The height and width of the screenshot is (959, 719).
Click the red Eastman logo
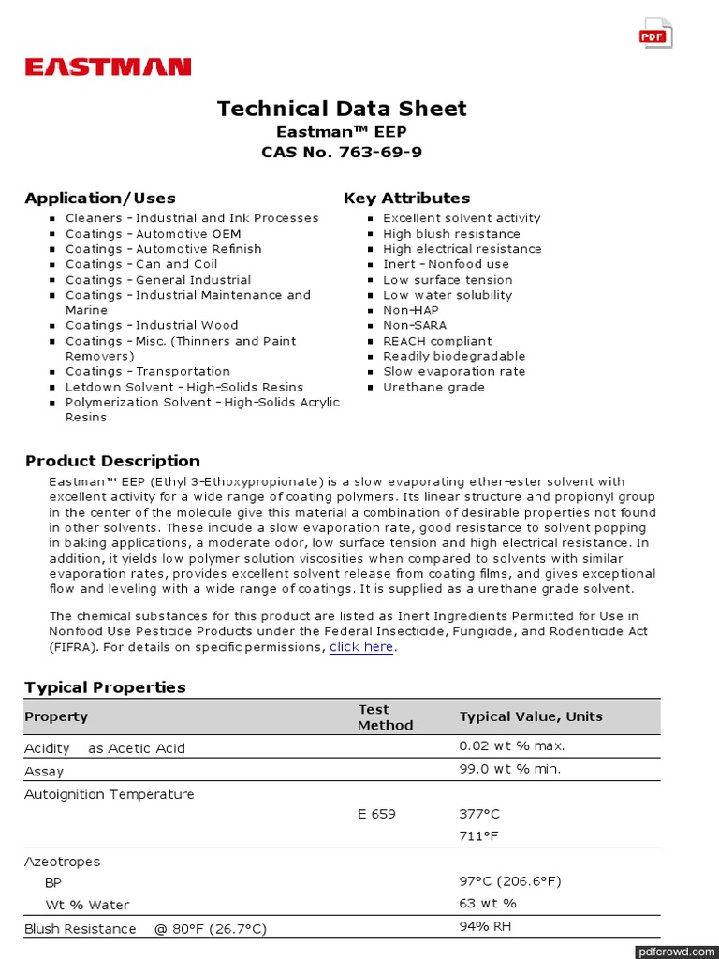[x=108, y=66]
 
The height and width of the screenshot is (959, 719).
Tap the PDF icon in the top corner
[x=654, y=34]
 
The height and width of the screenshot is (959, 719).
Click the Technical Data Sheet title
[x=342, y=109]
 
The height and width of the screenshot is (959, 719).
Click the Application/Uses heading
[x=100, y=198]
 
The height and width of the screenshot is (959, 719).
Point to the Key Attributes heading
[x=406, y=198]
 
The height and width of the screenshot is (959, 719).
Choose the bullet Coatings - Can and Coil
[x=140, y=264]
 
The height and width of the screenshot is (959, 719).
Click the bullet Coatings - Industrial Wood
[x=152, y=326]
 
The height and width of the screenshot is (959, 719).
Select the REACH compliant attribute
[x=436, y=341]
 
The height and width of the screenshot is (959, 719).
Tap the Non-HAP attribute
[x=410, y=310]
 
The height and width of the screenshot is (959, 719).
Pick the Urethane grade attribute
[x=433, y=387]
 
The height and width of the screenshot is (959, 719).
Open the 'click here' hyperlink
[x=361, y=647]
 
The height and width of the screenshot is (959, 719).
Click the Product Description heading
[x=112, y=461]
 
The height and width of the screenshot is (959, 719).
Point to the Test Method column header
[x=385, y=716]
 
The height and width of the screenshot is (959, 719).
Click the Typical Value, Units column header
[x=531, y=716]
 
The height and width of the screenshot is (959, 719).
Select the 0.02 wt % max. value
[x=511, y=746]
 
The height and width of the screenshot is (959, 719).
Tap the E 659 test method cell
[x=376, y=814]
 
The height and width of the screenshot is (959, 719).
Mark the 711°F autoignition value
[x=478, y=835]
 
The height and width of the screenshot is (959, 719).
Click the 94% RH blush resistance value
[x=485, y=926]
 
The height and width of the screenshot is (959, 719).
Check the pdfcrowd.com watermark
[x=675, y=952]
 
